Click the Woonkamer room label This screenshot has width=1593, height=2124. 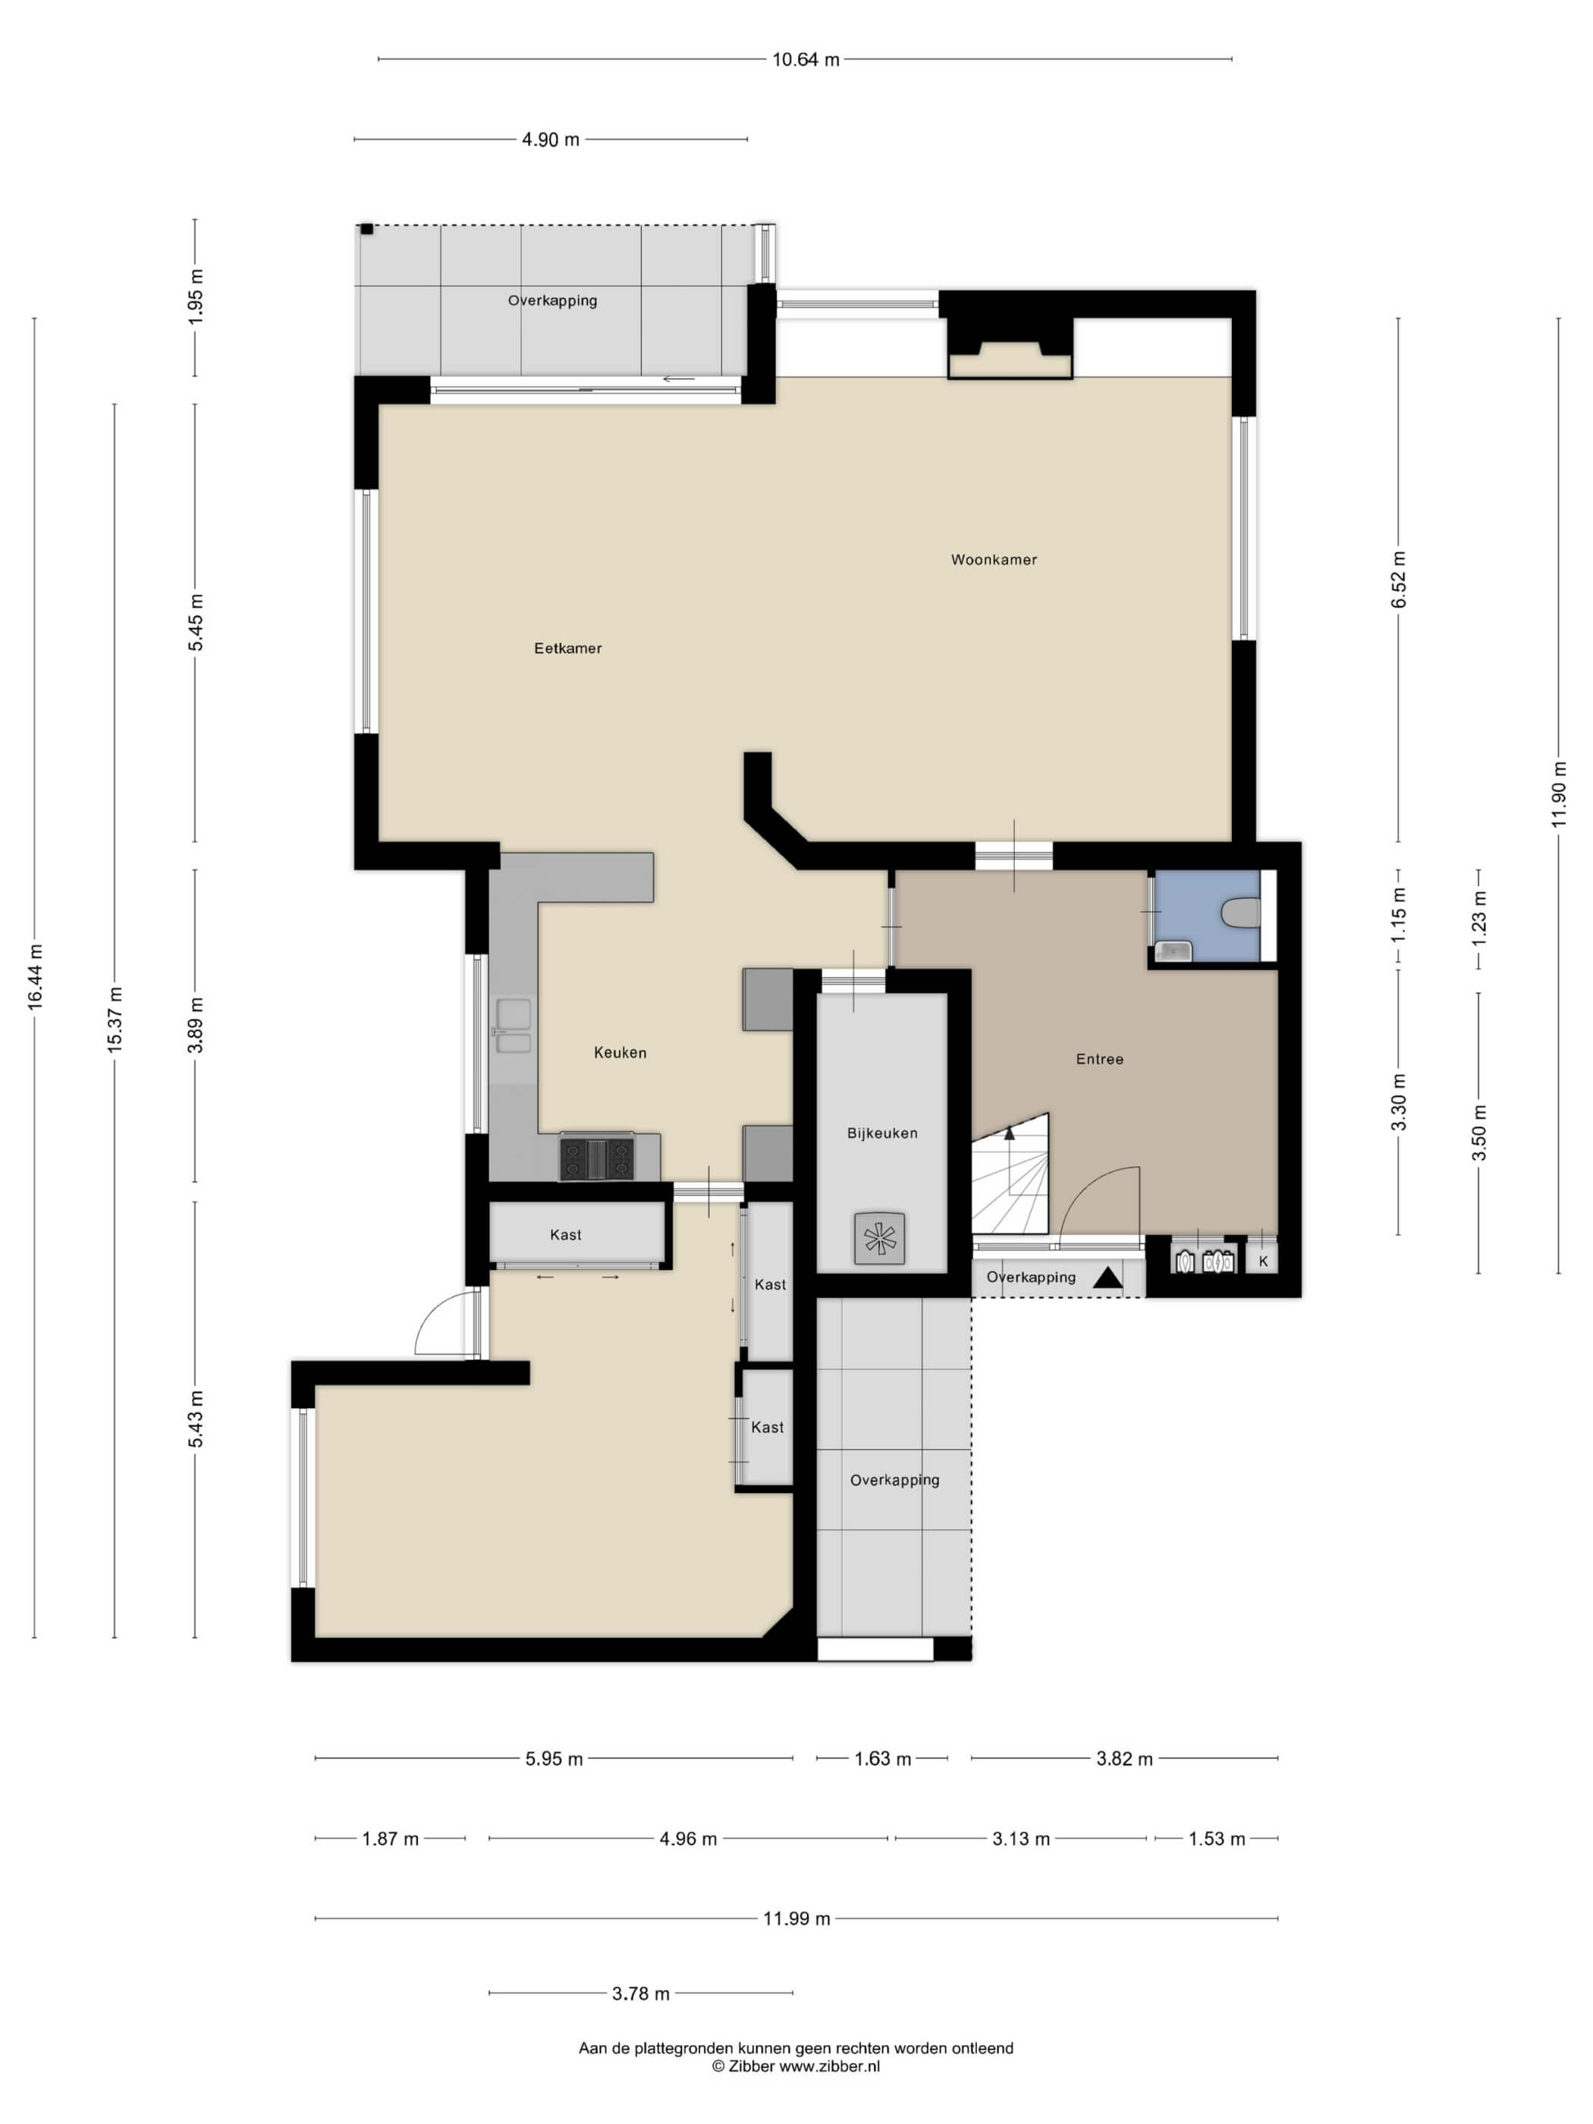click(993, 560)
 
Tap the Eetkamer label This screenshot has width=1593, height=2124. click(567, 648)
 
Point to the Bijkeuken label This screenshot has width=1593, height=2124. click(881, 1133)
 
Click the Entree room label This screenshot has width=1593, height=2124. click(1098, 1059)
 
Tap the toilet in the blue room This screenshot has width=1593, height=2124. click(1242, 913)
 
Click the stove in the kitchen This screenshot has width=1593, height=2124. click(596, 1157)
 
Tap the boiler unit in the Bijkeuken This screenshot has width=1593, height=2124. click(878, 1238)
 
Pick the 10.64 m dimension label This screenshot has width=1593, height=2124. click(806, 59)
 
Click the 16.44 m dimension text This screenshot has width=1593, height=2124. click(36, 976)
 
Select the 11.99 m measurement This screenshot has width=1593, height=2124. click(796, 1918)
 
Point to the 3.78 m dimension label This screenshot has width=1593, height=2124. click(640, 1994)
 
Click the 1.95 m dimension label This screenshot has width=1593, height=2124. click(196, 294)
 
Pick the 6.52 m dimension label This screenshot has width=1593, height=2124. click(1398, 579)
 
